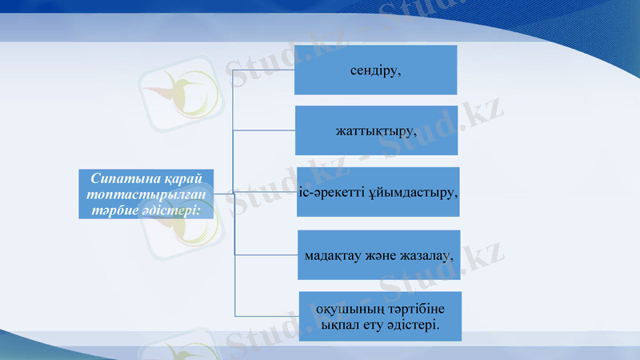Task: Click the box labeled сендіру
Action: tap(375, 70)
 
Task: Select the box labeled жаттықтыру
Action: tap(376, 130)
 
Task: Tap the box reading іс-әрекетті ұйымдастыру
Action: tap(378, 192)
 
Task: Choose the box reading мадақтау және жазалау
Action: tap(378, 255)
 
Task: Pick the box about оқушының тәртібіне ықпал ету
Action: tap(380, 317)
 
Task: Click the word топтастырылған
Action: tap(146, 194)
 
